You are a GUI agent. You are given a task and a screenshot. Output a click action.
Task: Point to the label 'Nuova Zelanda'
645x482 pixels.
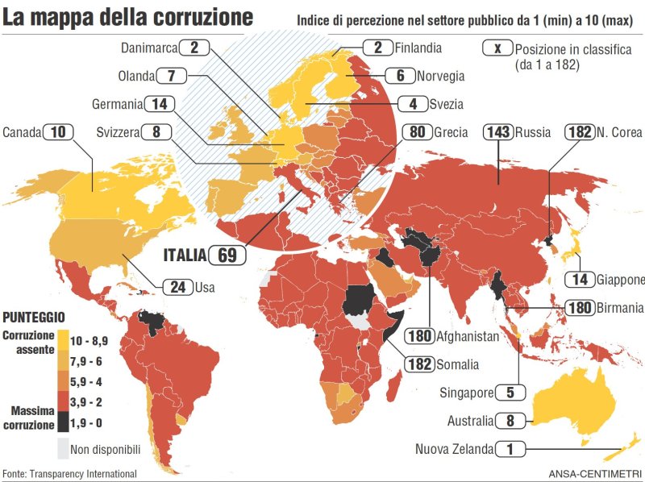pos(452,449)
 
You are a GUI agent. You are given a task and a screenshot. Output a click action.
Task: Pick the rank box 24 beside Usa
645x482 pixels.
pos(177,286)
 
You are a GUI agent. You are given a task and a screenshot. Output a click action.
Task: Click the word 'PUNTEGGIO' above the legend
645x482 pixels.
pos(34,317)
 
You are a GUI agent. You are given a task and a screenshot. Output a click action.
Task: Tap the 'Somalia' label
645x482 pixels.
pos(458,364)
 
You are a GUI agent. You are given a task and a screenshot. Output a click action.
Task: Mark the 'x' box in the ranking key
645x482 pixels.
pos(497,48)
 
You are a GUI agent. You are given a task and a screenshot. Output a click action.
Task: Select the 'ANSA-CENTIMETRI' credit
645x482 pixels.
pos(595,474)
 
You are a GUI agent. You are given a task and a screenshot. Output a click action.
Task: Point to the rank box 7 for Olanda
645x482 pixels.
pos(171,76)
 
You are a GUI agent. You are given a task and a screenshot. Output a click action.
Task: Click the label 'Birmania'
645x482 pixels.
pos(621,307)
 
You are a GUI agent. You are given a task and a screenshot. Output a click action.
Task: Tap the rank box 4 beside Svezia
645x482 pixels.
pos(414,103)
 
